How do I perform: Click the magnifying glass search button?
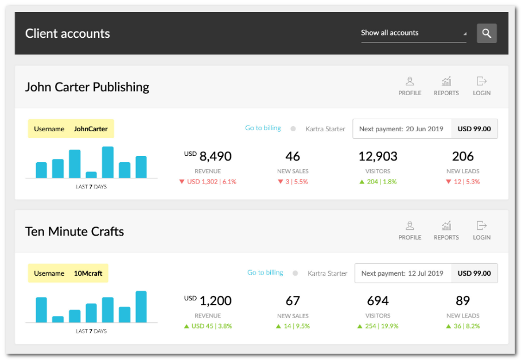487,33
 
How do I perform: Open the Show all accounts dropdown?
413,33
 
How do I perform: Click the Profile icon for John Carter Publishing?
410,81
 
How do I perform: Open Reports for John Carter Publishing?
446,81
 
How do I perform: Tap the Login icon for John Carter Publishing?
481,81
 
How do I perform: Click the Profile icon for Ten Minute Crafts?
410,226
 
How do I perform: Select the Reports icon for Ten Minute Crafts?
446,226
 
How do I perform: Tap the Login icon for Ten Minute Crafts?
481,226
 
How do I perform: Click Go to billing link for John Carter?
263,128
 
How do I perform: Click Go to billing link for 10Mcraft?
265,273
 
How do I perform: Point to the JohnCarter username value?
91,129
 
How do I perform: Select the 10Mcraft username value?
88,273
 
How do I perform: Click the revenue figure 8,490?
215,156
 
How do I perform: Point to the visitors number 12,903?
378,156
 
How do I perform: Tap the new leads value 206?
462,156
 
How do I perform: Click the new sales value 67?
293,301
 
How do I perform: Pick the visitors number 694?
378,301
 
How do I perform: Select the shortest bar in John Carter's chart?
91,175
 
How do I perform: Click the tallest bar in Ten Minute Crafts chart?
141,307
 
